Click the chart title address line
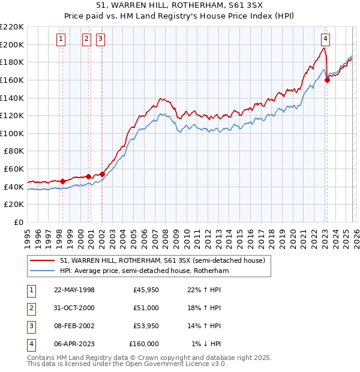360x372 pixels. (x=179, y=7)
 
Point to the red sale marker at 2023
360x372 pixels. (x=327, y=80)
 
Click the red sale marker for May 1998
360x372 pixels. (x=62, y=181)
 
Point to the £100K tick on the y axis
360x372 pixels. (x=12, y=133)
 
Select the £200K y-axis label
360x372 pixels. (x=12, y=44)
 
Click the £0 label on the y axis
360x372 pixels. (x=18, y=222)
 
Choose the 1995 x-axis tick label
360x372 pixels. (x=28, y=235)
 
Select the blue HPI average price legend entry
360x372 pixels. (x=144, y=271)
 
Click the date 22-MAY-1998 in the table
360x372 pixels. (x=74, y=290)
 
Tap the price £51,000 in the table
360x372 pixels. (x=146, y=307)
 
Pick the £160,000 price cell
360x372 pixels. (x=144, y=344)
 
